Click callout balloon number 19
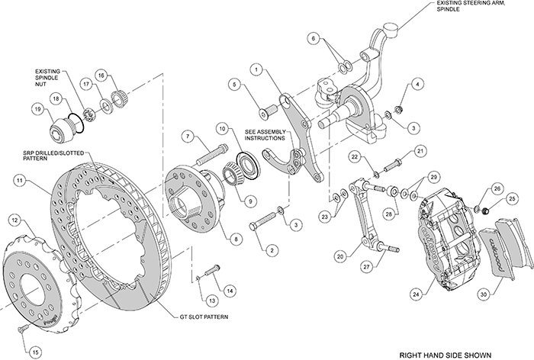tap(38, 109)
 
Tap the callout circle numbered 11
tap(20, 180)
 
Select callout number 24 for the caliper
tap(415, 294)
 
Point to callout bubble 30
tap(483, 294)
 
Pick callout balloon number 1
tap(256, 70)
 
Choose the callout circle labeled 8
tap(236, 239)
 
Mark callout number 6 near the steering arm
tap(314, 38)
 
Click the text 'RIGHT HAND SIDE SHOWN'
tap(445, 355)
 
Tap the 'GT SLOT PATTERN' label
tap(204, 317)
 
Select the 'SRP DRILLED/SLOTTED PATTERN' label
tap(53, 156)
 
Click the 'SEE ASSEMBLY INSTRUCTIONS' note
tap(264, 135)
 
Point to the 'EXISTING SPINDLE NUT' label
tap(47, 78)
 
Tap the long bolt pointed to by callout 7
tap(211, 153)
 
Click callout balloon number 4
tap(418, 83)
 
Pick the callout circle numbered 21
tap(420, 151)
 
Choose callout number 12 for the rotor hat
tap(14, 220)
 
